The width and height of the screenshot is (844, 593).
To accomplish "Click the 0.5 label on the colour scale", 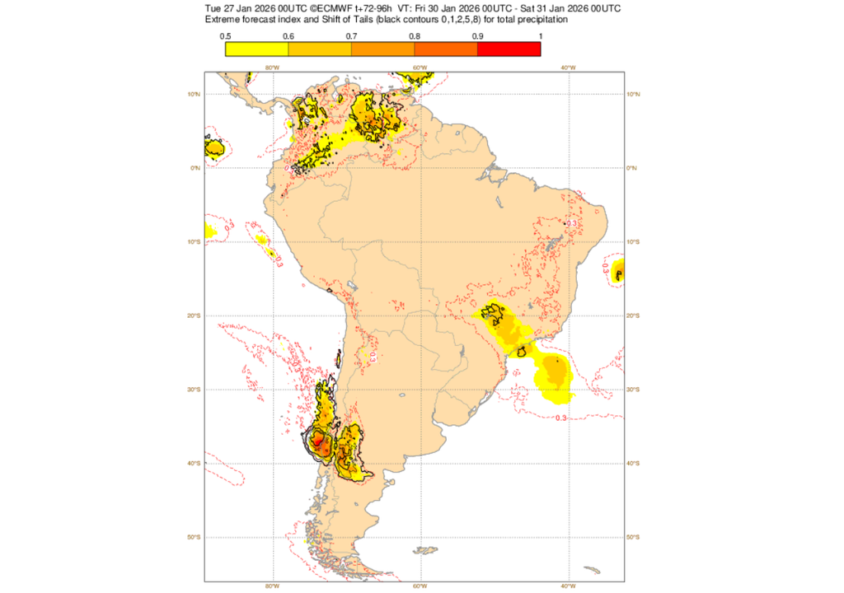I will coord(225,36).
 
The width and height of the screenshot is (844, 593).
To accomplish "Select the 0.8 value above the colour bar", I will coord(415,36).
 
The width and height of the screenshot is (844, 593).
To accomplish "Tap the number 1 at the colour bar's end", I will coord(539,36).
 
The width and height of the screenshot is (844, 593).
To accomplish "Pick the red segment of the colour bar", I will coord(509,49).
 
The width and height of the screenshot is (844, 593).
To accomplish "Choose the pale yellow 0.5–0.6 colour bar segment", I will coord(256,49).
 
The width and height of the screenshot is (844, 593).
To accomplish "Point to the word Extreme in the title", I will coord(223,19).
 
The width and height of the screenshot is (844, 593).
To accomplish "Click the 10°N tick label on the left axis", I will coord(195,94).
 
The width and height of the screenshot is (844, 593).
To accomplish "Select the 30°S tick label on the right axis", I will coord(635,390).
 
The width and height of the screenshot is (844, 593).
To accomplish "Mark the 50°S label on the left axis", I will coord(195,537).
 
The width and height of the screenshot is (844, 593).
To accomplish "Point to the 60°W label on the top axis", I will coord(420,68).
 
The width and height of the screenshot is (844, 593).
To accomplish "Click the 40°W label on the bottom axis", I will coord(567,586).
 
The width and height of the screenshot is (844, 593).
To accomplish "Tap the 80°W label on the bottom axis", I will coord(271,586).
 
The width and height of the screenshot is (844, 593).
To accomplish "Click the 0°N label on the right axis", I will coord(634,168).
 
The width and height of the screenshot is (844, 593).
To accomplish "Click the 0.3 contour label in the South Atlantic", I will coord(560,418).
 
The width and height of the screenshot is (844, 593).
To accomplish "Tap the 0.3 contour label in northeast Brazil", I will coord(571,223).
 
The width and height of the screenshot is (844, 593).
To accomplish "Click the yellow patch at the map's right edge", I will coord(618,269).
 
